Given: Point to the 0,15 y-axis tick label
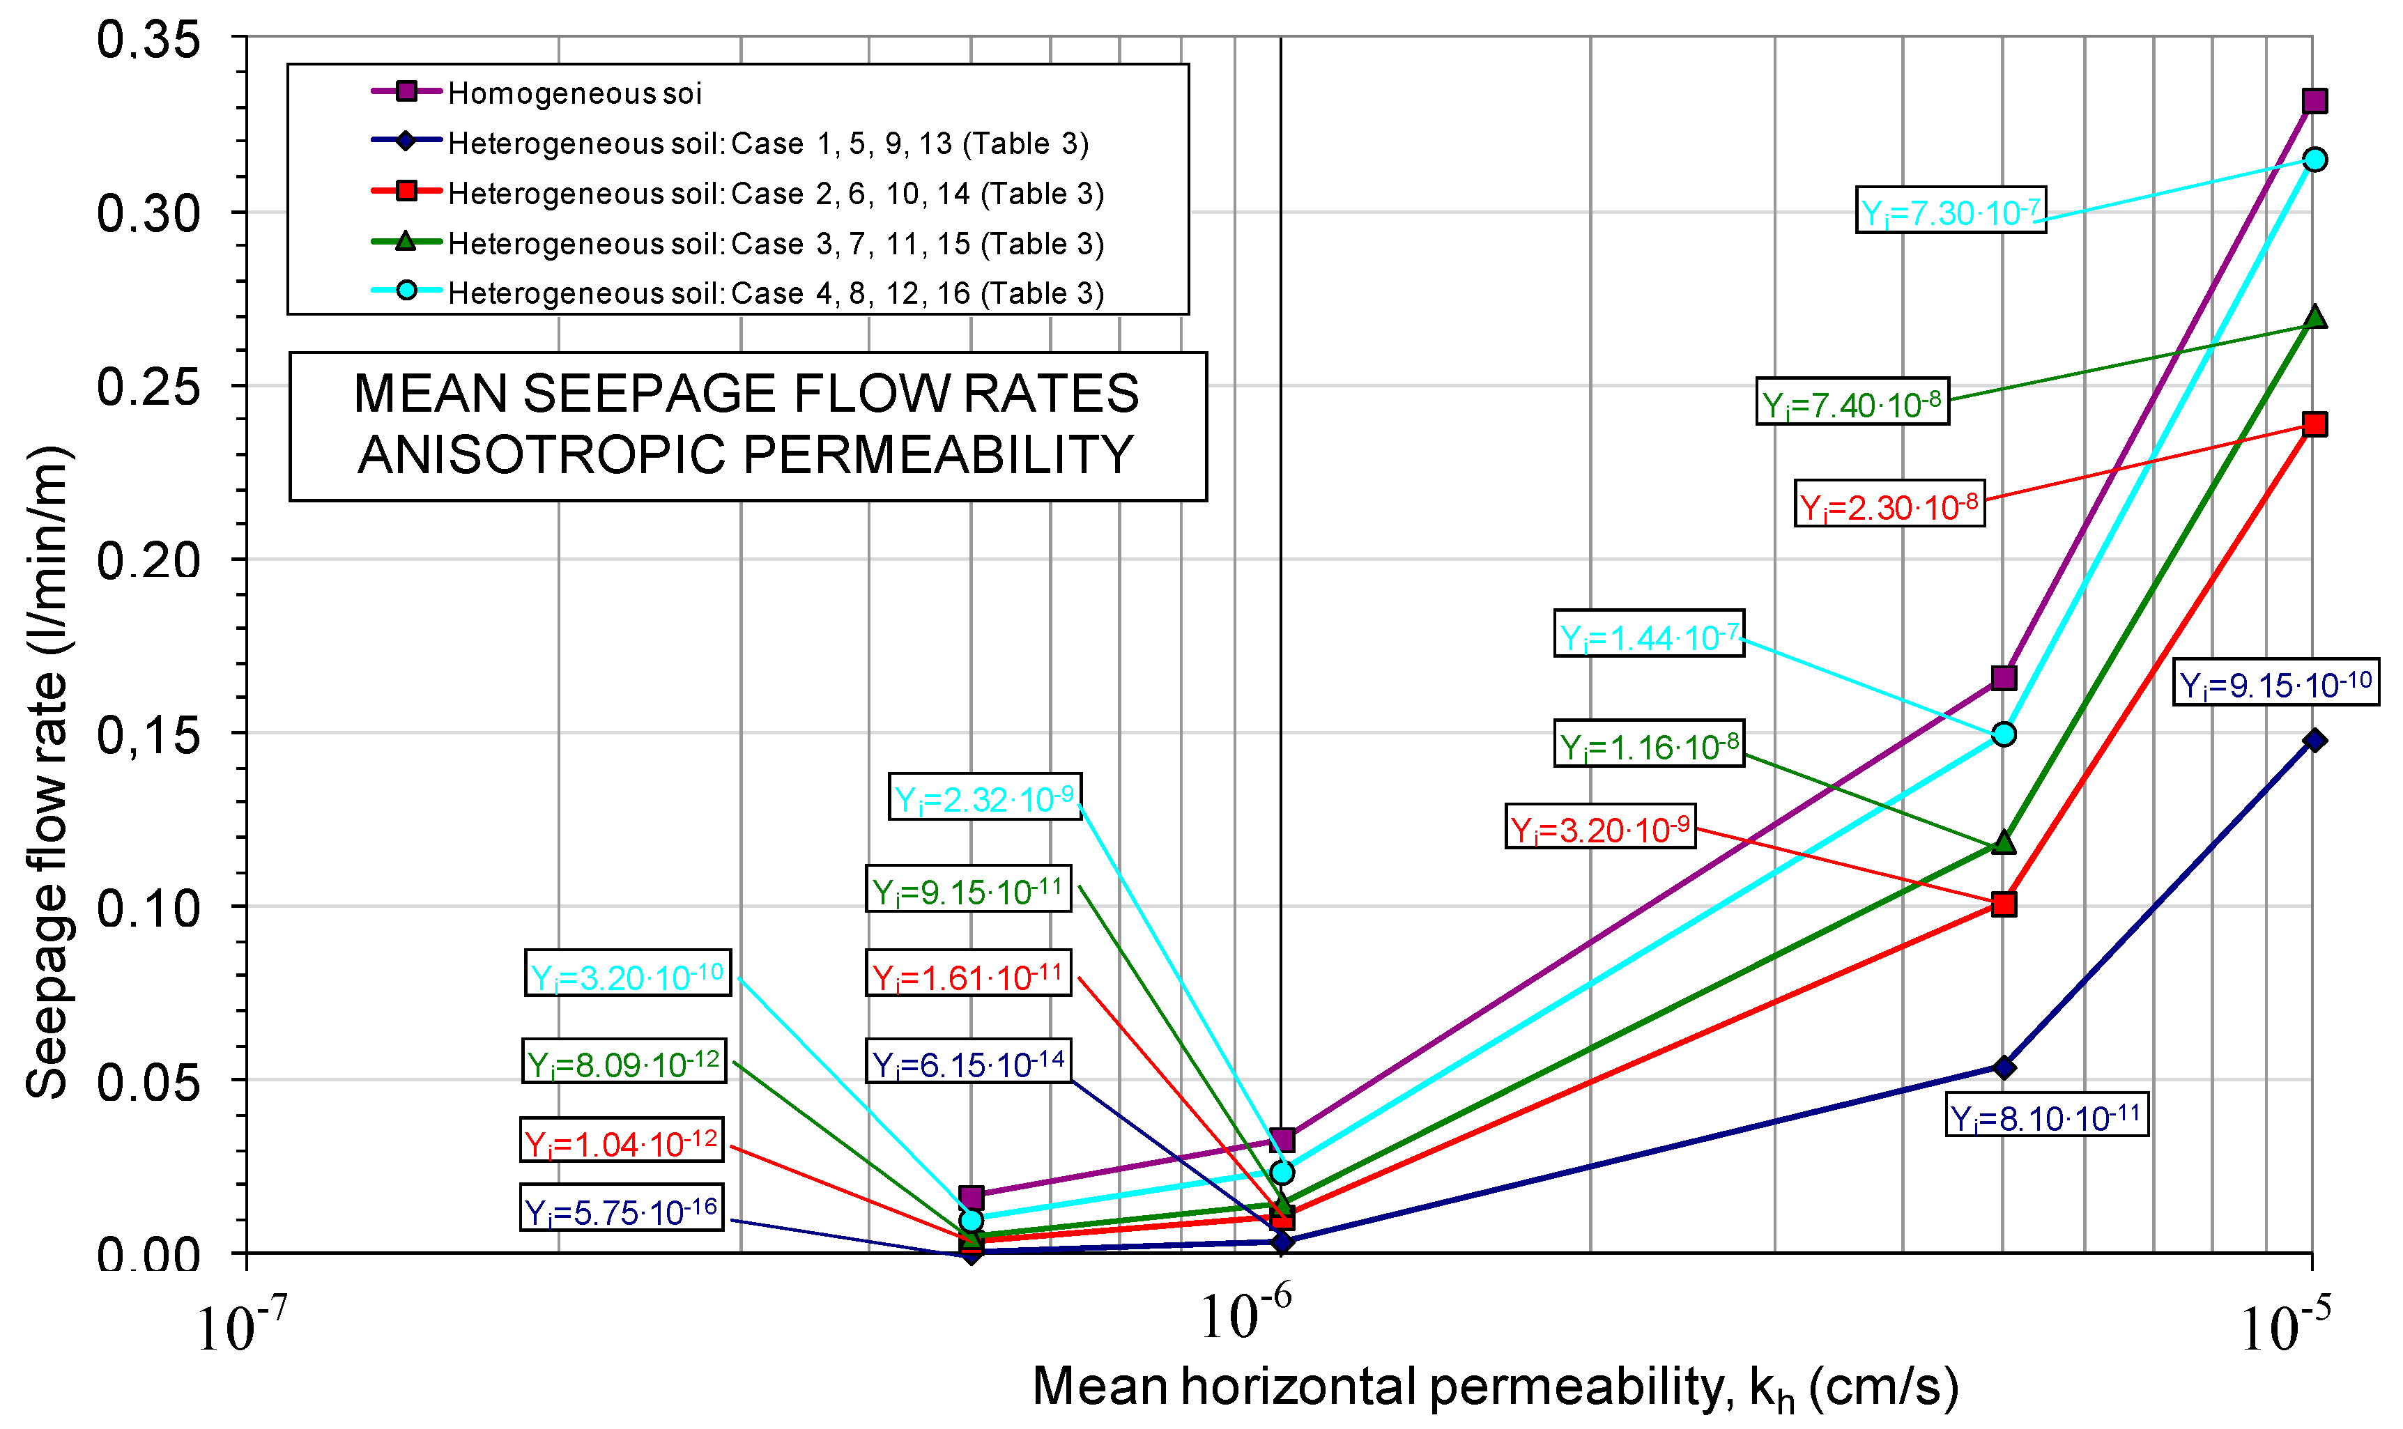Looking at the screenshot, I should coord(148,736).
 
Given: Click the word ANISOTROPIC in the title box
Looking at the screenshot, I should coord(540,454).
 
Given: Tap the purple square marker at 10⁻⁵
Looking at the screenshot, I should coord(2313,101).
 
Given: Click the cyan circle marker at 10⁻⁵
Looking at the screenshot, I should coord(2313,160).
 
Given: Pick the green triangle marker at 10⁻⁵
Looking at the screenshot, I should coord(2313,318).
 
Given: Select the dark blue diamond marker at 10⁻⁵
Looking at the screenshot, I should coord(2313,739).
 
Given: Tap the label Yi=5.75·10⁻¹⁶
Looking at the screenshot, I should coord(621,1210).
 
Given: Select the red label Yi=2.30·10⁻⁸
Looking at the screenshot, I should coord(1889,504).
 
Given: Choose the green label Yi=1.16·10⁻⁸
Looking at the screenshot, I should coord(1648,744).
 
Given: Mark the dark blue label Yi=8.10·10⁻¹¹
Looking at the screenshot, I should coord(2045,1116).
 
